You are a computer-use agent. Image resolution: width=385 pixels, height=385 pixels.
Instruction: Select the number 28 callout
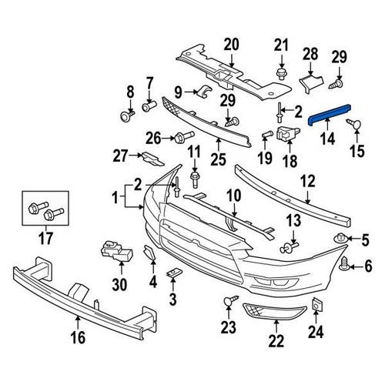coord(310,53)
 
